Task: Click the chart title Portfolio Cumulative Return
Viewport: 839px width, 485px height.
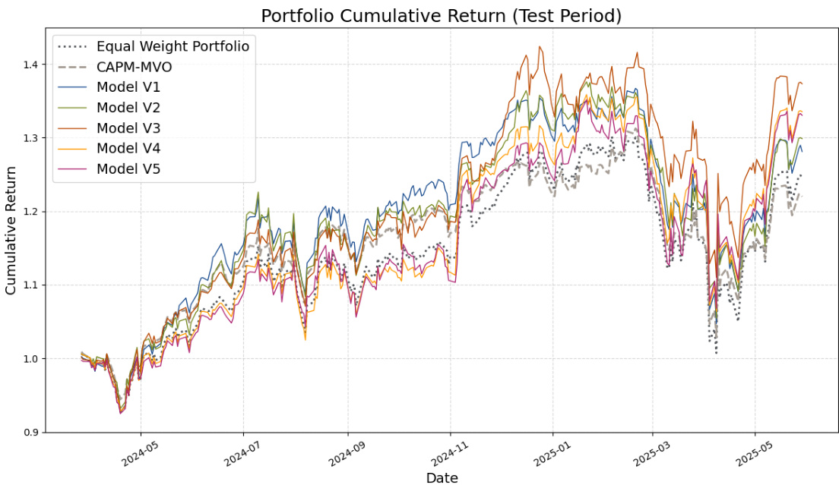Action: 441,15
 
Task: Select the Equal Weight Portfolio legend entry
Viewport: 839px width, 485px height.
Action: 173,46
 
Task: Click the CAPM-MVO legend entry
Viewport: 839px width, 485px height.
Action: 134,67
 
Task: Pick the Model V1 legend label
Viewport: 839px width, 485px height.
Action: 128,87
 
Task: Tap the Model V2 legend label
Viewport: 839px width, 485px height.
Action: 128,108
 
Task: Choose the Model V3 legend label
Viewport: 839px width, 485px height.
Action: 128,128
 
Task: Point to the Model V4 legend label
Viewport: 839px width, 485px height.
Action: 128,148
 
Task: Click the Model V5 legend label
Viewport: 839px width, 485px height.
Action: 128,168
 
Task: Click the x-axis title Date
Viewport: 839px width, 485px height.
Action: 442,477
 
